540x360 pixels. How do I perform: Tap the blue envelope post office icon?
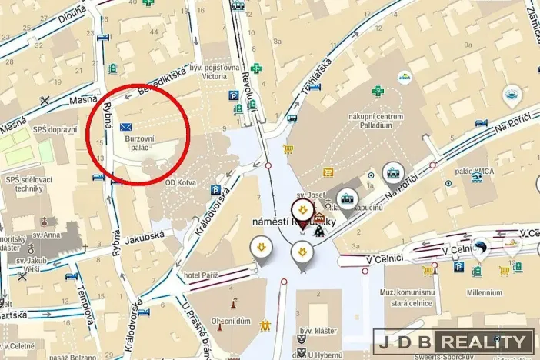[x=125, y=126]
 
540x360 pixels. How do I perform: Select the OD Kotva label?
[x=180, y=183]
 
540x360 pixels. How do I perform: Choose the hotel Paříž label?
[x=202, y=275]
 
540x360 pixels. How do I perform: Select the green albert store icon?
[x=404, y=77]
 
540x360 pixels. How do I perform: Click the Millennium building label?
[x=484, y=292]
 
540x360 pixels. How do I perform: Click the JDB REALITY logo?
[x=454, y=342]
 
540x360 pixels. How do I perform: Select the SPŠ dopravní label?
[x=54, y=130]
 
